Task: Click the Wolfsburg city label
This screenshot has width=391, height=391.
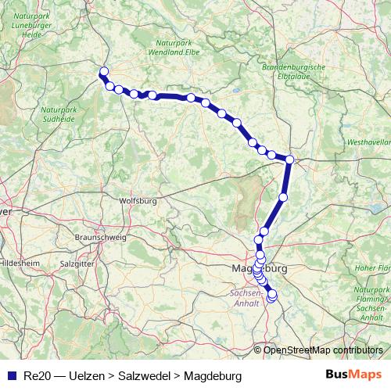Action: [138, 201]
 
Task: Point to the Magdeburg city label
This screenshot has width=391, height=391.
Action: [260, 268]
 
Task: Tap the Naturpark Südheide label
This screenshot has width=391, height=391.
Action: [58, 115]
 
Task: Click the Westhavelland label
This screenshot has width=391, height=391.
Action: [369, 142]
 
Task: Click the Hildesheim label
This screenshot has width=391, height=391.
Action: [18, 264]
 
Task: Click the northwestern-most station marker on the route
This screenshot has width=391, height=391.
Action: [102, 73]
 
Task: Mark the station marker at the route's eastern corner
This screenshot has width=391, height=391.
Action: [289, 160]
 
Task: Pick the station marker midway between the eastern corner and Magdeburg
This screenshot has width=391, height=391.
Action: [283, 197]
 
